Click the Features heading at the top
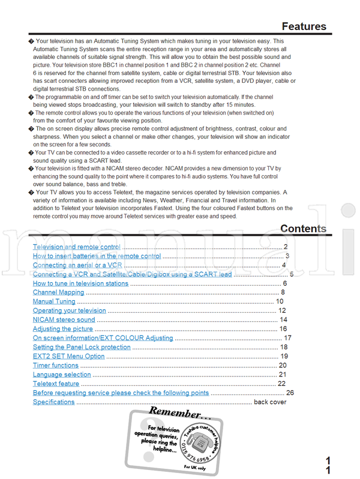coord(304,26)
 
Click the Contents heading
coord(303,229)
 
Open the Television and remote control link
coord(76,247)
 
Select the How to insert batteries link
coord(97,256)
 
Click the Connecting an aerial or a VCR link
coord(77,265)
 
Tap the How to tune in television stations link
coord(80,283)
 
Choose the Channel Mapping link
coord(58,292)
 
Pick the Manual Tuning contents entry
coord(54,301)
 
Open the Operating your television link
coord(69,310)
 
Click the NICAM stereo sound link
coord(64,320)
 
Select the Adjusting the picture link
coord(62,329)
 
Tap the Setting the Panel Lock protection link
coord(81,347)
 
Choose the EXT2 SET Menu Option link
coord(68,356)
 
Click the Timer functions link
coord(55,365)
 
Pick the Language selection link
coord(61,375)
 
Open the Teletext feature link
coord(56,384)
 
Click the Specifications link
coord(53,402)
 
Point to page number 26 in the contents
coord(290,393)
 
